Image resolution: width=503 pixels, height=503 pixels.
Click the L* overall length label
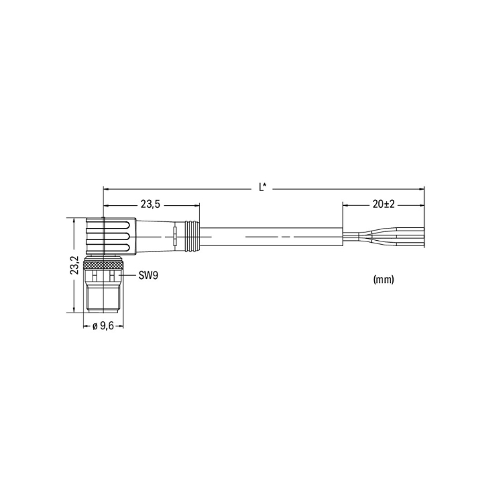tap(263, 187)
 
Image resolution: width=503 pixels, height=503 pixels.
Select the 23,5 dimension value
tap(150, 204)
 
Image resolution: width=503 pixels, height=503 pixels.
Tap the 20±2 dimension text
tap(384, 204)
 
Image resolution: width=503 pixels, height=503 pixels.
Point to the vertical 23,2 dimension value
tap(74, 265)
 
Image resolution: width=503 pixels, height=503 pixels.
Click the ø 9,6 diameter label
tap(103, 326)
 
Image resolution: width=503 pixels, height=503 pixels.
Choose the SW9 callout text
tap(148, 275)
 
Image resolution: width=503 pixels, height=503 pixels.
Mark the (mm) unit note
tap(384, 280)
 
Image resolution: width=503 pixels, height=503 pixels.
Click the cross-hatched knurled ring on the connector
tap(103, 265)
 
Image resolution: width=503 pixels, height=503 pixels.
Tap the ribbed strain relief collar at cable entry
tap(192, 237)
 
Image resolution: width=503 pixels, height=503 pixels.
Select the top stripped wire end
tap(410, 229)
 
